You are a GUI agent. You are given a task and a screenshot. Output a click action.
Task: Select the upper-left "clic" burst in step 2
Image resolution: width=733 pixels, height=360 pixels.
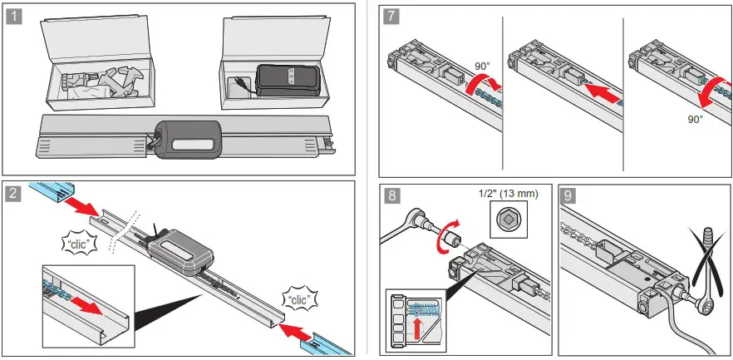pyautogui.click(x=78, y=246)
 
